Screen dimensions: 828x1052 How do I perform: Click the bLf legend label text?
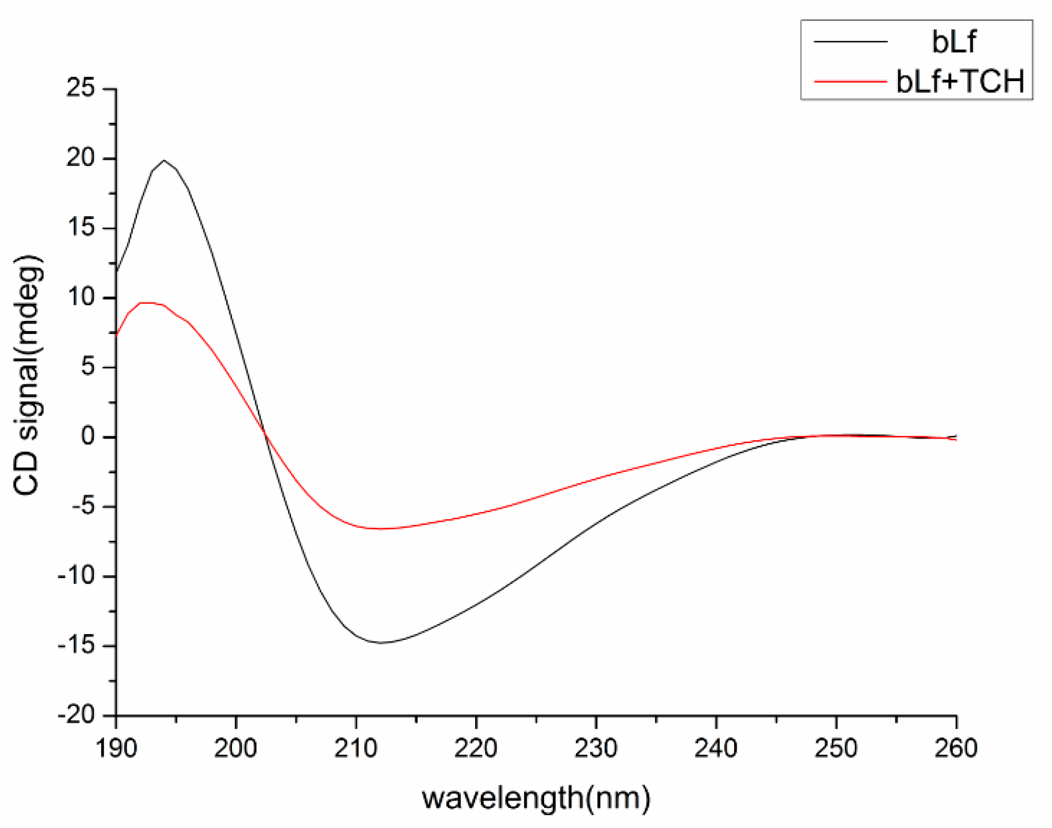pos(953,42)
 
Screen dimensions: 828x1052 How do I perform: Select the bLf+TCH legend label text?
pos(960,81)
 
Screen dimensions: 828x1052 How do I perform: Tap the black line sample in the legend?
pos(850,42)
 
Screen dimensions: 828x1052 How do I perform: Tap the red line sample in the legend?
pos(850,81)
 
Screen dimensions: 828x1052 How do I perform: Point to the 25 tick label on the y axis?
pos(81,87)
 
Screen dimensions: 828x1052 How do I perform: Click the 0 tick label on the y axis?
pos(88,436)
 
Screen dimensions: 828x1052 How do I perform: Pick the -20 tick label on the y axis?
pos(76,715)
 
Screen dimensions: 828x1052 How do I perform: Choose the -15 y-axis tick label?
pos(76,645)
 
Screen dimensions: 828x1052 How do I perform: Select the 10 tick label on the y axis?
pos(81,297)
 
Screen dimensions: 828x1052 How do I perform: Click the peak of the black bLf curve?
pos(164,160)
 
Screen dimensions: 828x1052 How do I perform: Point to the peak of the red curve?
pos(146,303)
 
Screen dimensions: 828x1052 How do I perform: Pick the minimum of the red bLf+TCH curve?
pos(380,529)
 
